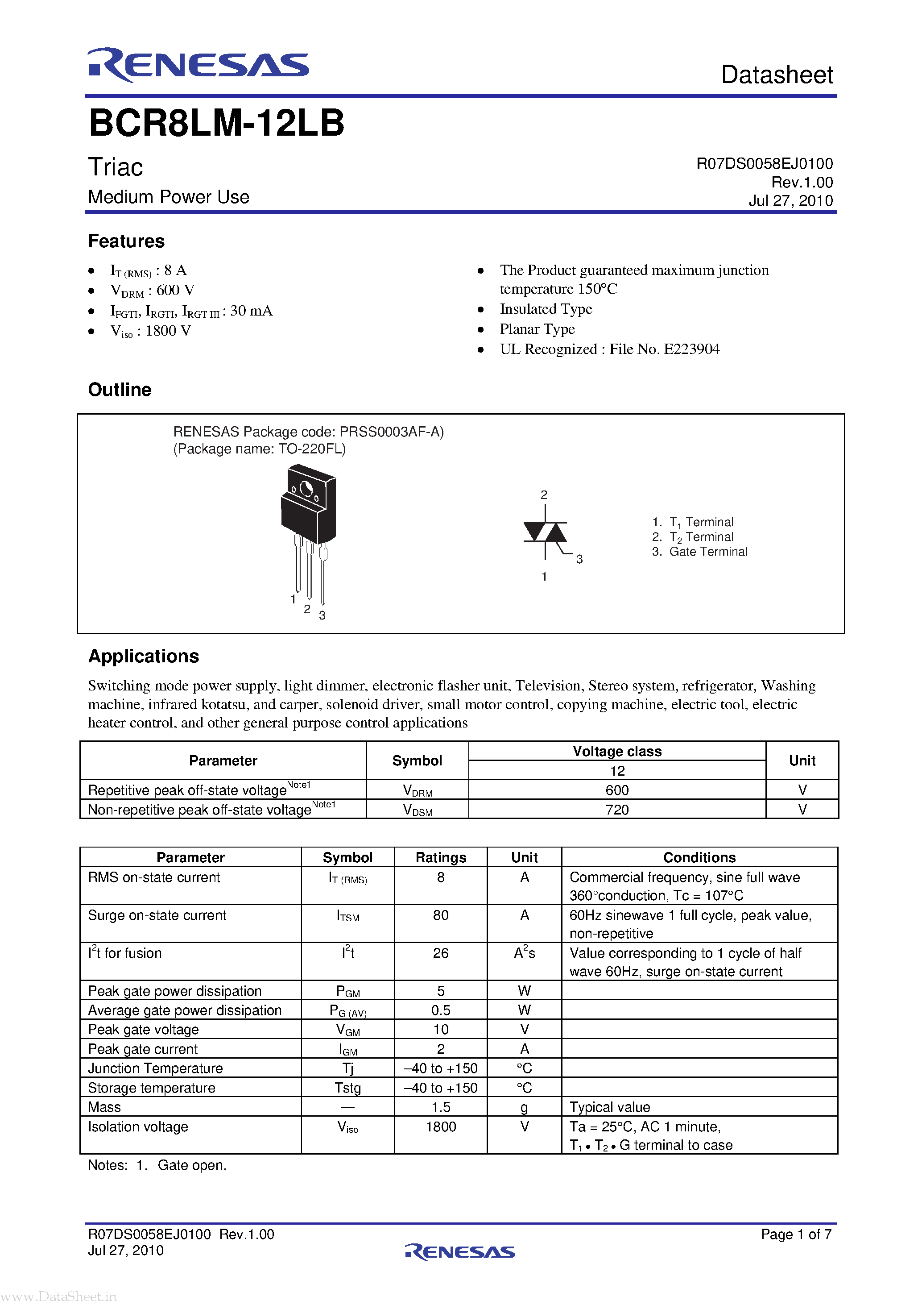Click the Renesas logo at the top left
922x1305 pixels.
(198, 65)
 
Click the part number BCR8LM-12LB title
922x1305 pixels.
(216, 123)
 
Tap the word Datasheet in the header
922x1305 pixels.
(777, 75)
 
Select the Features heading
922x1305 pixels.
(126, 241)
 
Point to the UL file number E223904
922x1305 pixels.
(691, 349)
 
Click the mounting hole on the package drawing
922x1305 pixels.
(306, 488)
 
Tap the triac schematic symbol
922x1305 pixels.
(545, 532)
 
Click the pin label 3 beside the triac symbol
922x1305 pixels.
(579, 559)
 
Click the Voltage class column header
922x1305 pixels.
(617, 752)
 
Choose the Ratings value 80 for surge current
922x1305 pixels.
(440, 915)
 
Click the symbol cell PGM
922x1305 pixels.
(347, 991)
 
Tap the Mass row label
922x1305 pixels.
(104, 1107)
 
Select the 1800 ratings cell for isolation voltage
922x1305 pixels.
(440, 1126)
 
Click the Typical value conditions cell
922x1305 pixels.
(610, 1107)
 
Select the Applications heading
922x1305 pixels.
(144, 656)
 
